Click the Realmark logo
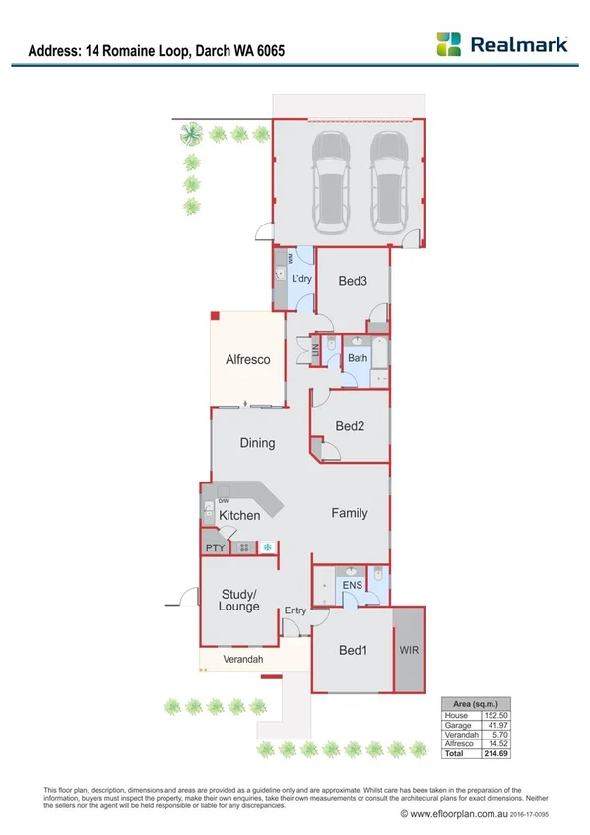coord(502,44)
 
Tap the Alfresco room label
coord(247,360)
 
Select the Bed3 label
coord(353,281)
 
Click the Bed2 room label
coord(351,426)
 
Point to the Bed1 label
coord(354,650)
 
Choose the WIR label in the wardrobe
coord(410,651)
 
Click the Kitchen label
coord(239,515)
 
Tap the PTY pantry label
coord(215,547)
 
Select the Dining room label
coord(258,443)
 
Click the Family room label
coord(350,513)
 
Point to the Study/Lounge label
coord(239,600)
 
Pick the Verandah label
coord(242,658)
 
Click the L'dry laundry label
coord(301,279)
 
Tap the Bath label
coord(357,358)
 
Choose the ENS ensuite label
coord(353,586)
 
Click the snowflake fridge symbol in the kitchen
coord(266,546)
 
